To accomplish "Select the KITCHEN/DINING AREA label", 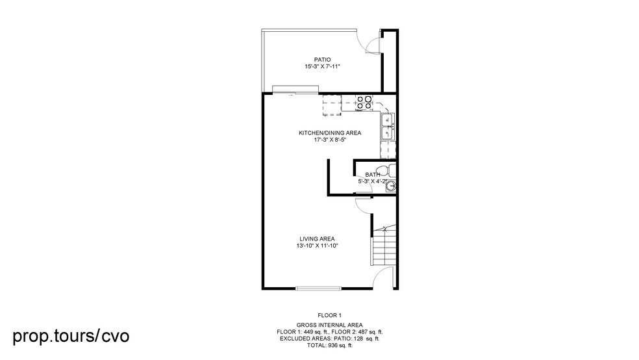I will click(x=329, y=133).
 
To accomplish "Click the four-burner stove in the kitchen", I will click(x=364, y=102).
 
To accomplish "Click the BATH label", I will click(x=372, y=174).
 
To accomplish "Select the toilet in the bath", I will click(x=384, y=170).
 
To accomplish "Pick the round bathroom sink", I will click(x=390, y=187).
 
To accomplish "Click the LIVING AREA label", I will click(x=317, y=239).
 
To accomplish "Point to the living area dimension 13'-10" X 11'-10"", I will click(x=317, y=246).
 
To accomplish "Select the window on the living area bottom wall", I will click(x=318, y=289).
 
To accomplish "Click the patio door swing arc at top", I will click(x=371, y=43).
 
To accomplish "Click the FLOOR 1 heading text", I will click(x=329, y=315).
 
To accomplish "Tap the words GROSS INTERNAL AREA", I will click(x=329, y=324).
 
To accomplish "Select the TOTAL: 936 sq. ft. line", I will click(x=329, y=346).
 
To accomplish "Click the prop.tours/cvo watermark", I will click(x=71, y=336).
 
